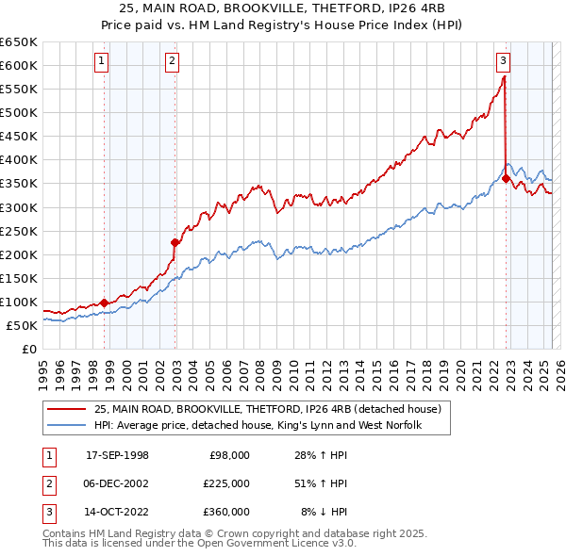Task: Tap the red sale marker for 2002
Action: [x=175, y=242]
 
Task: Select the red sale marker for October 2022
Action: [x=507, y=178]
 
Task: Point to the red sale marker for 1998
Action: [x=104, y=303]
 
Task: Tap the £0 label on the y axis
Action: [x=27, y=350]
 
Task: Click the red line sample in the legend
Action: [x=67, y=408]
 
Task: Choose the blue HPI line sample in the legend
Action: [x=67, y=425]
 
